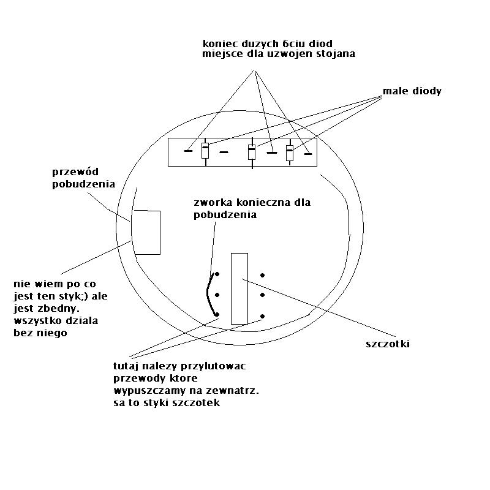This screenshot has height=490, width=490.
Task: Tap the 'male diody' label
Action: [x=412, y=91]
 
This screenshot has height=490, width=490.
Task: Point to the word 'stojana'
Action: [x=336, y=55]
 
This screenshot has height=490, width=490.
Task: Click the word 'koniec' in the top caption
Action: [x=219, y=43]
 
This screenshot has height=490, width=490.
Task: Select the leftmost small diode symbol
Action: [x=205, y=151]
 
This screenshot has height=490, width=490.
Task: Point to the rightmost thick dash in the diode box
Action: [x=308, y=154]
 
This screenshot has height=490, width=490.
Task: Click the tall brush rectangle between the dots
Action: [x=239, y=288]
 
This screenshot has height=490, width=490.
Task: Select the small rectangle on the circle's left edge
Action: [x=147, y=232]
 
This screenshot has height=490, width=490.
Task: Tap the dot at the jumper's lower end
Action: [x=217, y=314]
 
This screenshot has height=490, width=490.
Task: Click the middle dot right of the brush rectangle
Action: [x=262, y=295]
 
